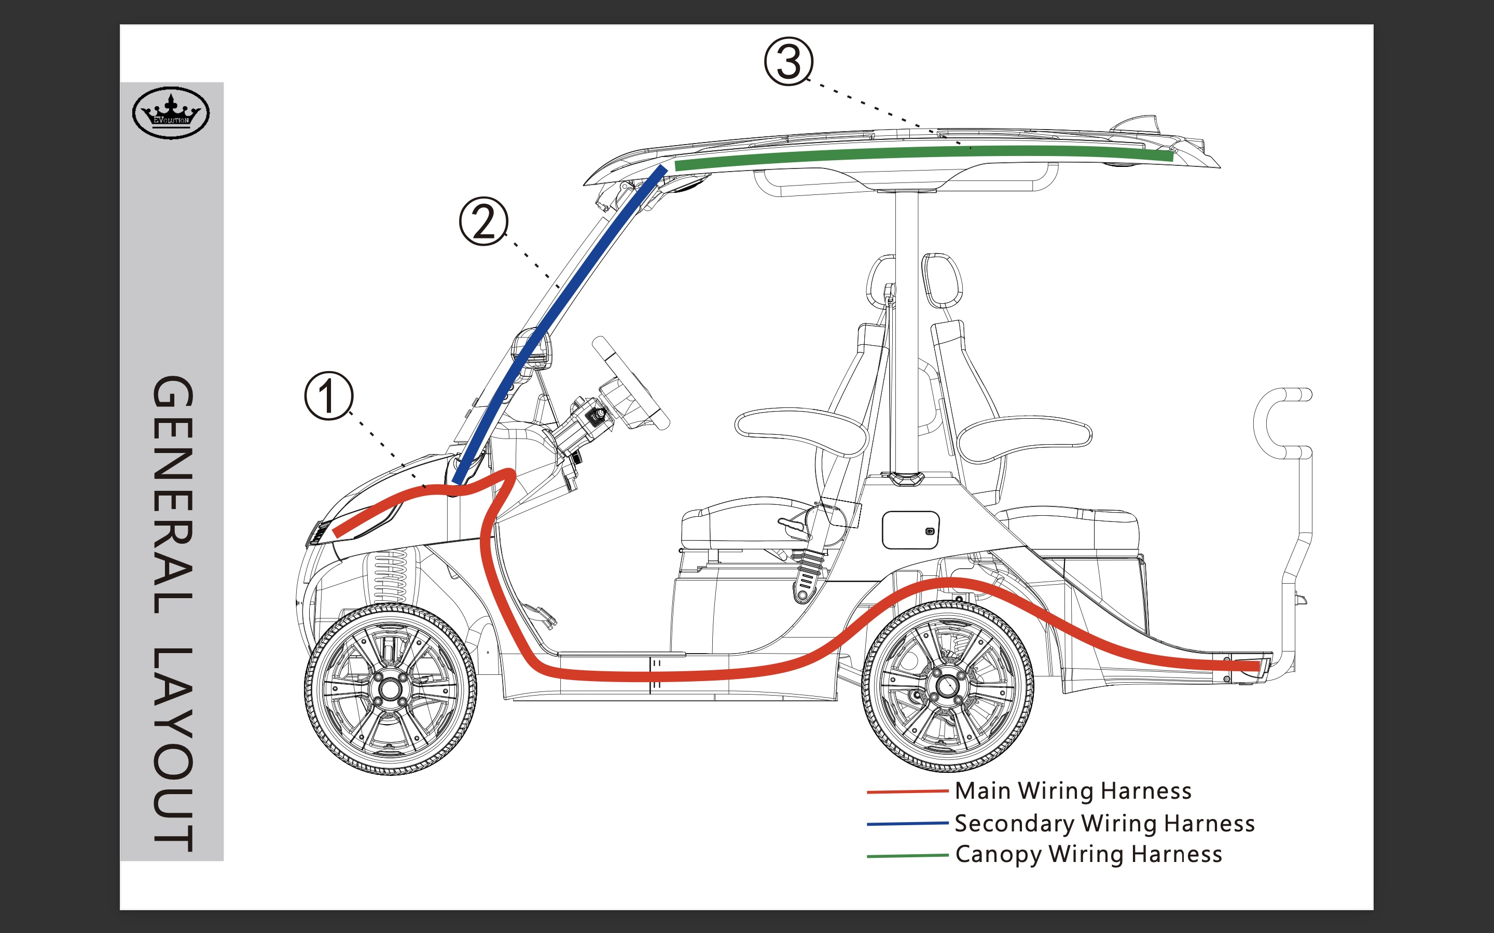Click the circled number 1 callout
click(329, 396)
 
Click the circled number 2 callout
click(483, 221)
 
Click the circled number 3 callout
click(789, 62)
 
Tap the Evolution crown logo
click(171, 113)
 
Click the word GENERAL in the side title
click(173, 493)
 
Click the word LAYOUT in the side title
click(173, 750)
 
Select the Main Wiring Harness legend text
click(1073, 790)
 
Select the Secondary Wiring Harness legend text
click(1104, 823)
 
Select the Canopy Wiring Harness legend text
click(1088, 854)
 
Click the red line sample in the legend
click(907, 791)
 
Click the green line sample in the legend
click(907, 855)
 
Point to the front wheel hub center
click(390, 689)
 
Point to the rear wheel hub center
click(947, 686)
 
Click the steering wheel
click(630, 383)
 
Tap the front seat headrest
click(881, 281)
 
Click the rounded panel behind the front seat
click(910, 529)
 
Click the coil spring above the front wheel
click(391, 577)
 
